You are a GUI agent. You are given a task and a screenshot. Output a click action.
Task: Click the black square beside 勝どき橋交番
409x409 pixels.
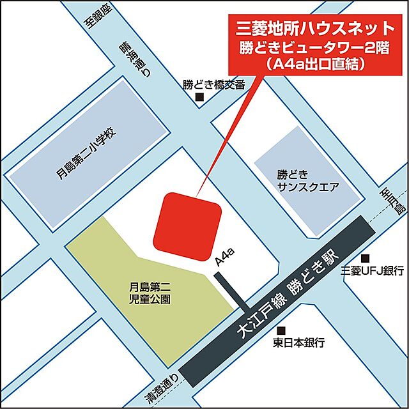pos(199,98)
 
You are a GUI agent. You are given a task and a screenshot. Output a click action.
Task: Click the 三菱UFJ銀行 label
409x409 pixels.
pos(373,270)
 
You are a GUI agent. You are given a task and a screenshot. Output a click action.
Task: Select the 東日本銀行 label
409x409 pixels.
pos(298,343)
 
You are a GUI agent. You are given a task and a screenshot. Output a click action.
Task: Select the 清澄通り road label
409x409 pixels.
pos(158,389)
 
